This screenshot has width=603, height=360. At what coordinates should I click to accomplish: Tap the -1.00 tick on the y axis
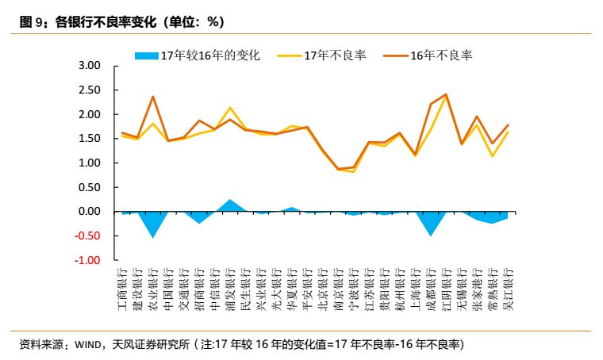tap(89, 260)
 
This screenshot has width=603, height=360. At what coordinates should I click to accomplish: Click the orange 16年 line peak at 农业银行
tap(152, 97)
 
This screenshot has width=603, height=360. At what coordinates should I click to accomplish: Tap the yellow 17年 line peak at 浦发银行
tap(230, 108)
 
